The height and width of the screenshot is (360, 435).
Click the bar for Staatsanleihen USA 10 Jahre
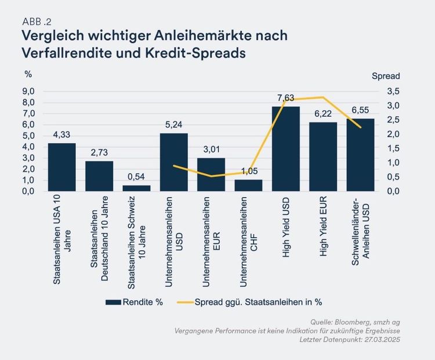[61, 167]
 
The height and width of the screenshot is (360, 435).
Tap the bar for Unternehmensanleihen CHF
[248, 185]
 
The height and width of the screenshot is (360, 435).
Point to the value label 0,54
[136, 177]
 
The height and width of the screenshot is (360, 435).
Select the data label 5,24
[173, 125]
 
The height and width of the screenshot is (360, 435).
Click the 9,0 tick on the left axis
[28, 91]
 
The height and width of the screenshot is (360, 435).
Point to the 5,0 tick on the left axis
[28, 136]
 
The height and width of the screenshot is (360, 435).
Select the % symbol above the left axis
[28, 74]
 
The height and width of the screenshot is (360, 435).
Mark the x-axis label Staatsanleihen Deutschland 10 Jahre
[99, 238]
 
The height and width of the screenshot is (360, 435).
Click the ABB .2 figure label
[36, 21]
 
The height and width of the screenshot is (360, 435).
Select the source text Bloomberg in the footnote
[353, 322]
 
